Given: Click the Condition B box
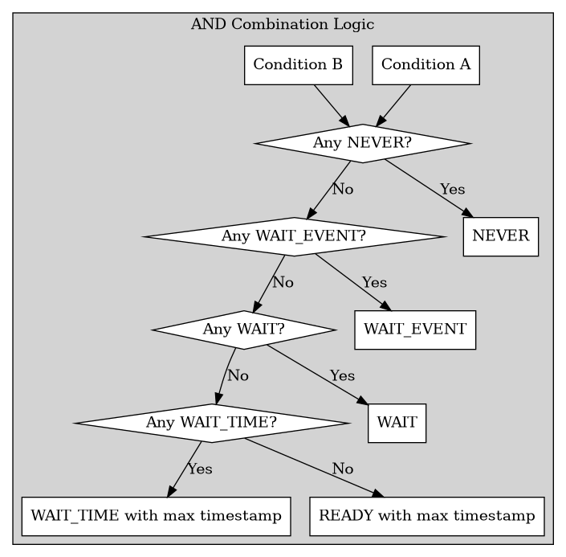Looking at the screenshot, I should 299,65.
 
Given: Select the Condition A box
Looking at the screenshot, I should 426,65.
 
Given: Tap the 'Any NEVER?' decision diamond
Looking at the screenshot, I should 362,144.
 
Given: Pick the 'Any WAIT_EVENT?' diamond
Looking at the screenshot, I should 294,236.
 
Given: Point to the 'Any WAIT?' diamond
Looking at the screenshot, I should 243,330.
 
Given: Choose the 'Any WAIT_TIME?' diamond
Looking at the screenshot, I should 212,423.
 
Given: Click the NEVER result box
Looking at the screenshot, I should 500,236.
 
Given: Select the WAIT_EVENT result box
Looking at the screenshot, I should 415,330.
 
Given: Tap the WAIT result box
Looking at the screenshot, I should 397,423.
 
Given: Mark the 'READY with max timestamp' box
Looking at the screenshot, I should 427,516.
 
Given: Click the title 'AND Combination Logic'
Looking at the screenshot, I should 283,23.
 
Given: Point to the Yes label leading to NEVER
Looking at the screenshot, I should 452,190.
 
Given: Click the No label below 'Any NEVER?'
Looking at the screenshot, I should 343,190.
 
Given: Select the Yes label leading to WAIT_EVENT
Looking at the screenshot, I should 374,283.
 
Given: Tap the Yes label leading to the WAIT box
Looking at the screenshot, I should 342,375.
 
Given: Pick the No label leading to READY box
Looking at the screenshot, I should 343,469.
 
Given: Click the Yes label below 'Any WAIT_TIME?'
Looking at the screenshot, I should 200,469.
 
